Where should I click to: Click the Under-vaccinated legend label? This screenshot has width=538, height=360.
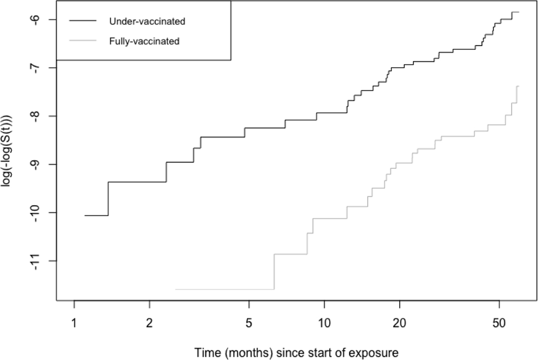[x=147, y=22]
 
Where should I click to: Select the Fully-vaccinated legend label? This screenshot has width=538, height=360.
[x=144, y=41]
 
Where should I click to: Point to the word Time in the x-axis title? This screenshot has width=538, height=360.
[x=204, y=353]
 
